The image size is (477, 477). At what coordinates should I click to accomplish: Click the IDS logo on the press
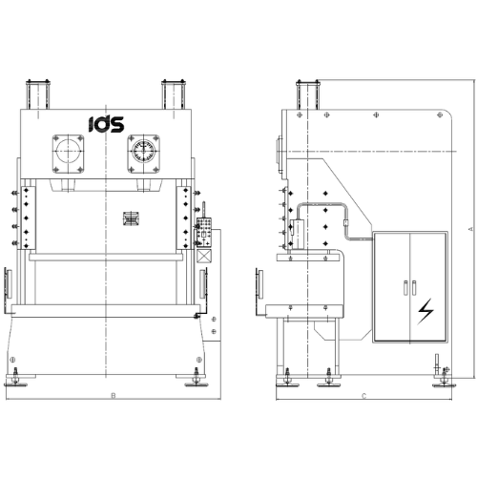click(106, 124)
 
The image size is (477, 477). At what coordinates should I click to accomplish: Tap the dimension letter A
click(471, 229)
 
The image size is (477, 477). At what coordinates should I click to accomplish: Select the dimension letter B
click(114, 396)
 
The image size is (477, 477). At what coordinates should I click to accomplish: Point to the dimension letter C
click(364, 396)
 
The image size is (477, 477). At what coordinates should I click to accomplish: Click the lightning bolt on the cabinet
click(425, 311)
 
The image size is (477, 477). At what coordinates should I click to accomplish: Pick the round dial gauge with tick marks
click(143, 151)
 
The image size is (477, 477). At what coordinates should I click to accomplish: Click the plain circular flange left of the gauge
click(68, 151)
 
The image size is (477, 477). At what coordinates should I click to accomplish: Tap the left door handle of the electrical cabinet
click(405, 288)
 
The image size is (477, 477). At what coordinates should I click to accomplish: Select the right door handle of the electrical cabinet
click(414, 288)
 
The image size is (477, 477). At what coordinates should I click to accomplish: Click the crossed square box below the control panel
click(204, 256)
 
